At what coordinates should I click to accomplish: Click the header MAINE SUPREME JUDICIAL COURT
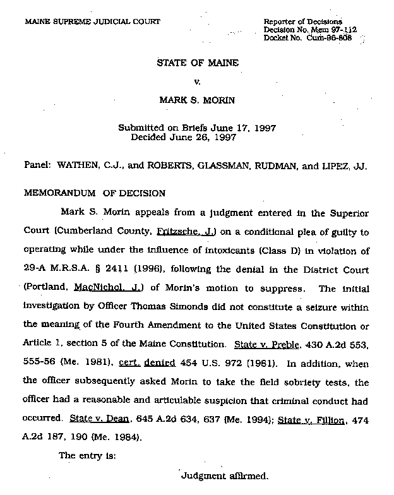[92, 21]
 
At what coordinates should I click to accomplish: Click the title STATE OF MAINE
[198, 63]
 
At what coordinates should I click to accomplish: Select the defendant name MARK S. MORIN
[197, 99]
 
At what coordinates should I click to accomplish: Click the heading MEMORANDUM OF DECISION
[94, 193]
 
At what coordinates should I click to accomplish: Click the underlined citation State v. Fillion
[313, 419]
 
